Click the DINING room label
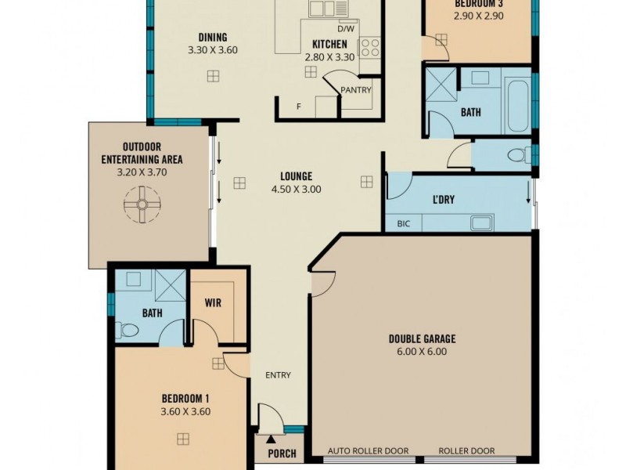(213, 38)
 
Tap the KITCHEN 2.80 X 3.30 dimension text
(329, 57)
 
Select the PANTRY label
(356, 90)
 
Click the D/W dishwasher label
(346, 29)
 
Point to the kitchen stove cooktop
(370, 48)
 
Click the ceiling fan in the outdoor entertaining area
(142, 204)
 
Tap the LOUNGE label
(297, 176)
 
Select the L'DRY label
(444, 199)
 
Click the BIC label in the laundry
(404, 224)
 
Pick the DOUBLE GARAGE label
(422, 339)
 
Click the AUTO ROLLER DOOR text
(368, 451)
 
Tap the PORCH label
(282, 454)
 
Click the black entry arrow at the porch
(271, 439)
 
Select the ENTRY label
(278, 375)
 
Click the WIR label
(213, 302)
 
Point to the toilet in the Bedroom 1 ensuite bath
(127, 330)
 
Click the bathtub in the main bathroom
(517, 107)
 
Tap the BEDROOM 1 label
(185, 399)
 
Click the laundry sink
(482, 223)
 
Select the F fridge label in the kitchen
(298, 107)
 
